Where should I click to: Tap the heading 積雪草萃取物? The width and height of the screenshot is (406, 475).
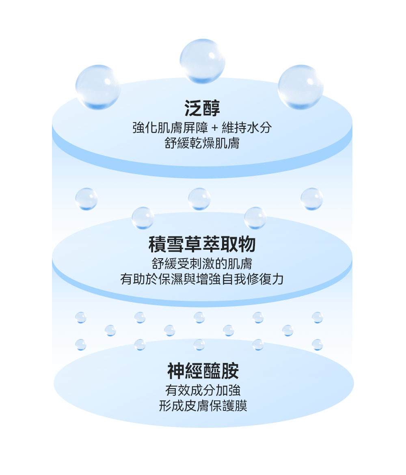tap(202, 244)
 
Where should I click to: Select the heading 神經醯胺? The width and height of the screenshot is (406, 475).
tap(203, 371)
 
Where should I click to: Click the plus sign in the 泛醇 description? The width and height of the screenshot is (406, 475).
tap(215, 128)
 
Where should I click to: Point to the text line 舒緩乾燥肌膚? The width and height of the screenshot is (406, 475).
tap(202, 143)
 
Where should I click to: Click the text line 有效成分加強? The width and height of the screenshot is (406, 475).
tap(203, 391)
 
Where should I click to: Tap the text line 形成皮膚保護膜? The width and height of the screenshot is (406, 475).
tap(203, 406)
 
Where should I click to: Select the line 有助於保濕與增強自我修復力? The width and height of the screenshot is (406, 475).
tap(202, 279)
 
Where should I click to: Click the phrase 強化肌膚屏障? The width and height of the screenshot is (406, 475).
tap(170, 128)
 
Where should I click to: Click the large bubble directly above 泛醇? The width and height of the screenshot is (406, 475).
tap(202, 61)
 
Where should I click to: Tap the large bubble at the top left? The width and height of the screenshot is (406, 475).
tap(98, 87)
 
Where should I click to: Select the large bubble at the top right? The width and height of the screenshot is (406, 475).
tap(300, 87)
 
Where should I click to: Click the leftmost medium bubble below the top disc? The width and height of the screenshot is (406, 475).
tap(86, 199)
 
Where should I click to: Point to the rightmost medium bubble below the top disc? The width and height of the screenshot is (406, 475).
tap(312, 199)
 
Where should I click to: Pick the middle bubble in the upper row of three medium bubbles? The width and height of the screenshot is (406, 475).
tap(199, 199)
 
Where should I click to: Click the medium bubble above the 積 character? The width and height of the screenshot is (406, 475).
tap(143, 218)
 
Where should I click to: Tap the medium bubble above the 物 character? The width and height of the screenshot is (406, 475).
tap(255, 218)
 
